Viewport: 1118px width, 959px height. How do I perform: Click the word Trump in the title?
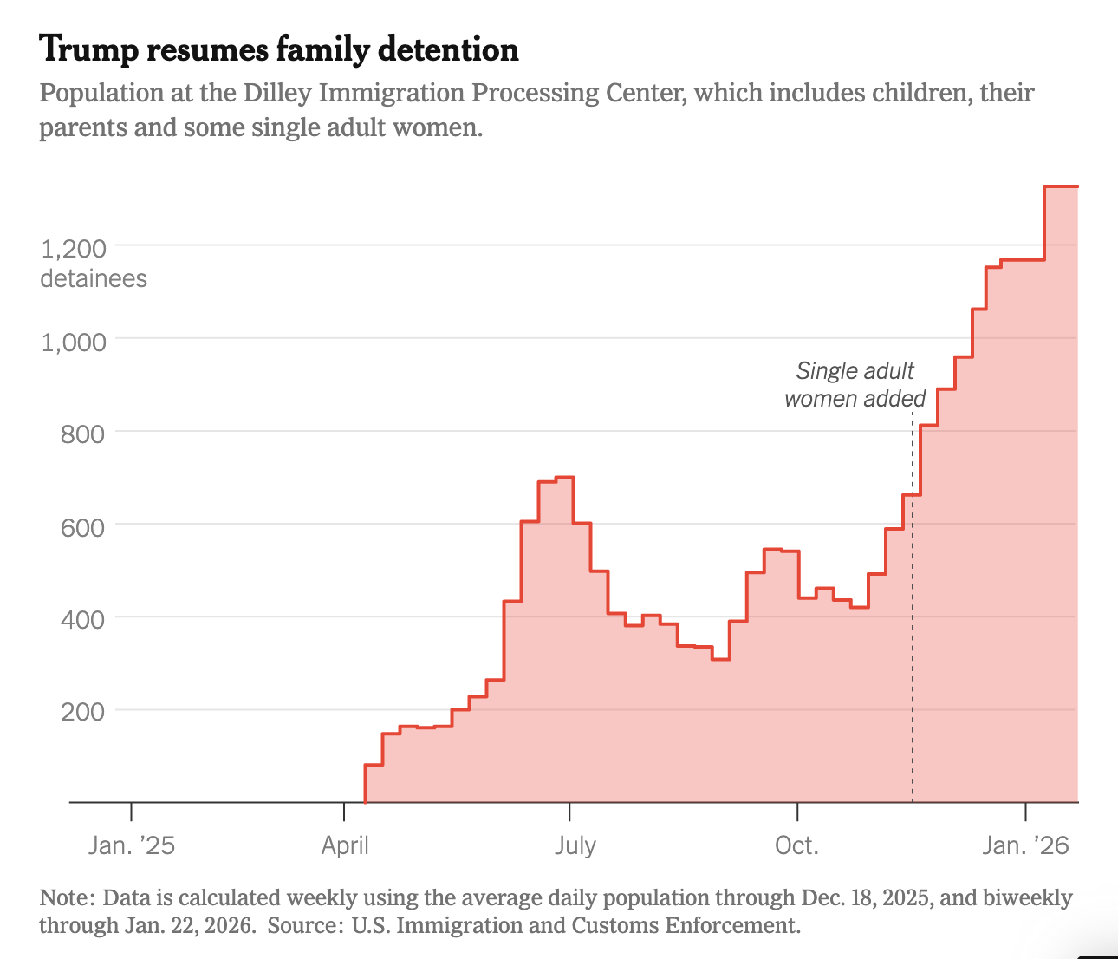click(x=88, y=50)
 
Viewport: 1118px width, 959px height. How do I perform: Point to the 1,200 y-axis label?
click(x=74, y=250)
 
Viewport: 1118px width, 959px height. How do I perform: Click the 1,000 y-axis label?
click(x=74, y=342)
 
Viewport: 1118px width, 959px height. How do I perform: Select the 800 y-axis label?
click(x=83, y=434)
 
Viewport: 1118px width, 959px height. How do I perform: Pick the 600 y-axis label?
click(x=83, y=527)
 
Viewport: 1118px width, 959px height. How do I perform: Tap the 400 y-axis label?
click(x=83, y=620)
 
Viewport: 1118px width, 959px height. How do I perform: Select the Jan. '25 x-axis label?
click(x=131, y=845)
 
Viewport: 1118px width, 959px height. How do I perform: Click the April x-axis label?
click(x=345, y=845)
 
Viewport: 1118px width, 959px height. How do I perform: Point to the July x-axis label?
click(x=575, y=845)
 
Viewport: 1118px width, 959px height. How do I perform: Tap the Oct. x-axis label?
click(x=796, y=845)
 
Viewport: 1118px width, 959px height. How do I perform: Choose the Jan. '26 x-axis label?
click(x=1025, y=845)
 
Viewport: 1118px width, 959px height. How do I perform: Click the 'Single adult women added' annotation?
click(x=855, y=385)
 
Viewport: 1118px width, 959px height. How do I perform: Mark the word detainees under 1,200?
click(x=94, y=279)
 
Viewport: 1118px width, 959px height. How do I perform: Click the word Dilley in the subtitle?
click(x=279, y=93)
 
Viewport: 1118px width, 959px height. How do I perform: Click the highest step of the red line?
click(x=1061, y=186)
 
